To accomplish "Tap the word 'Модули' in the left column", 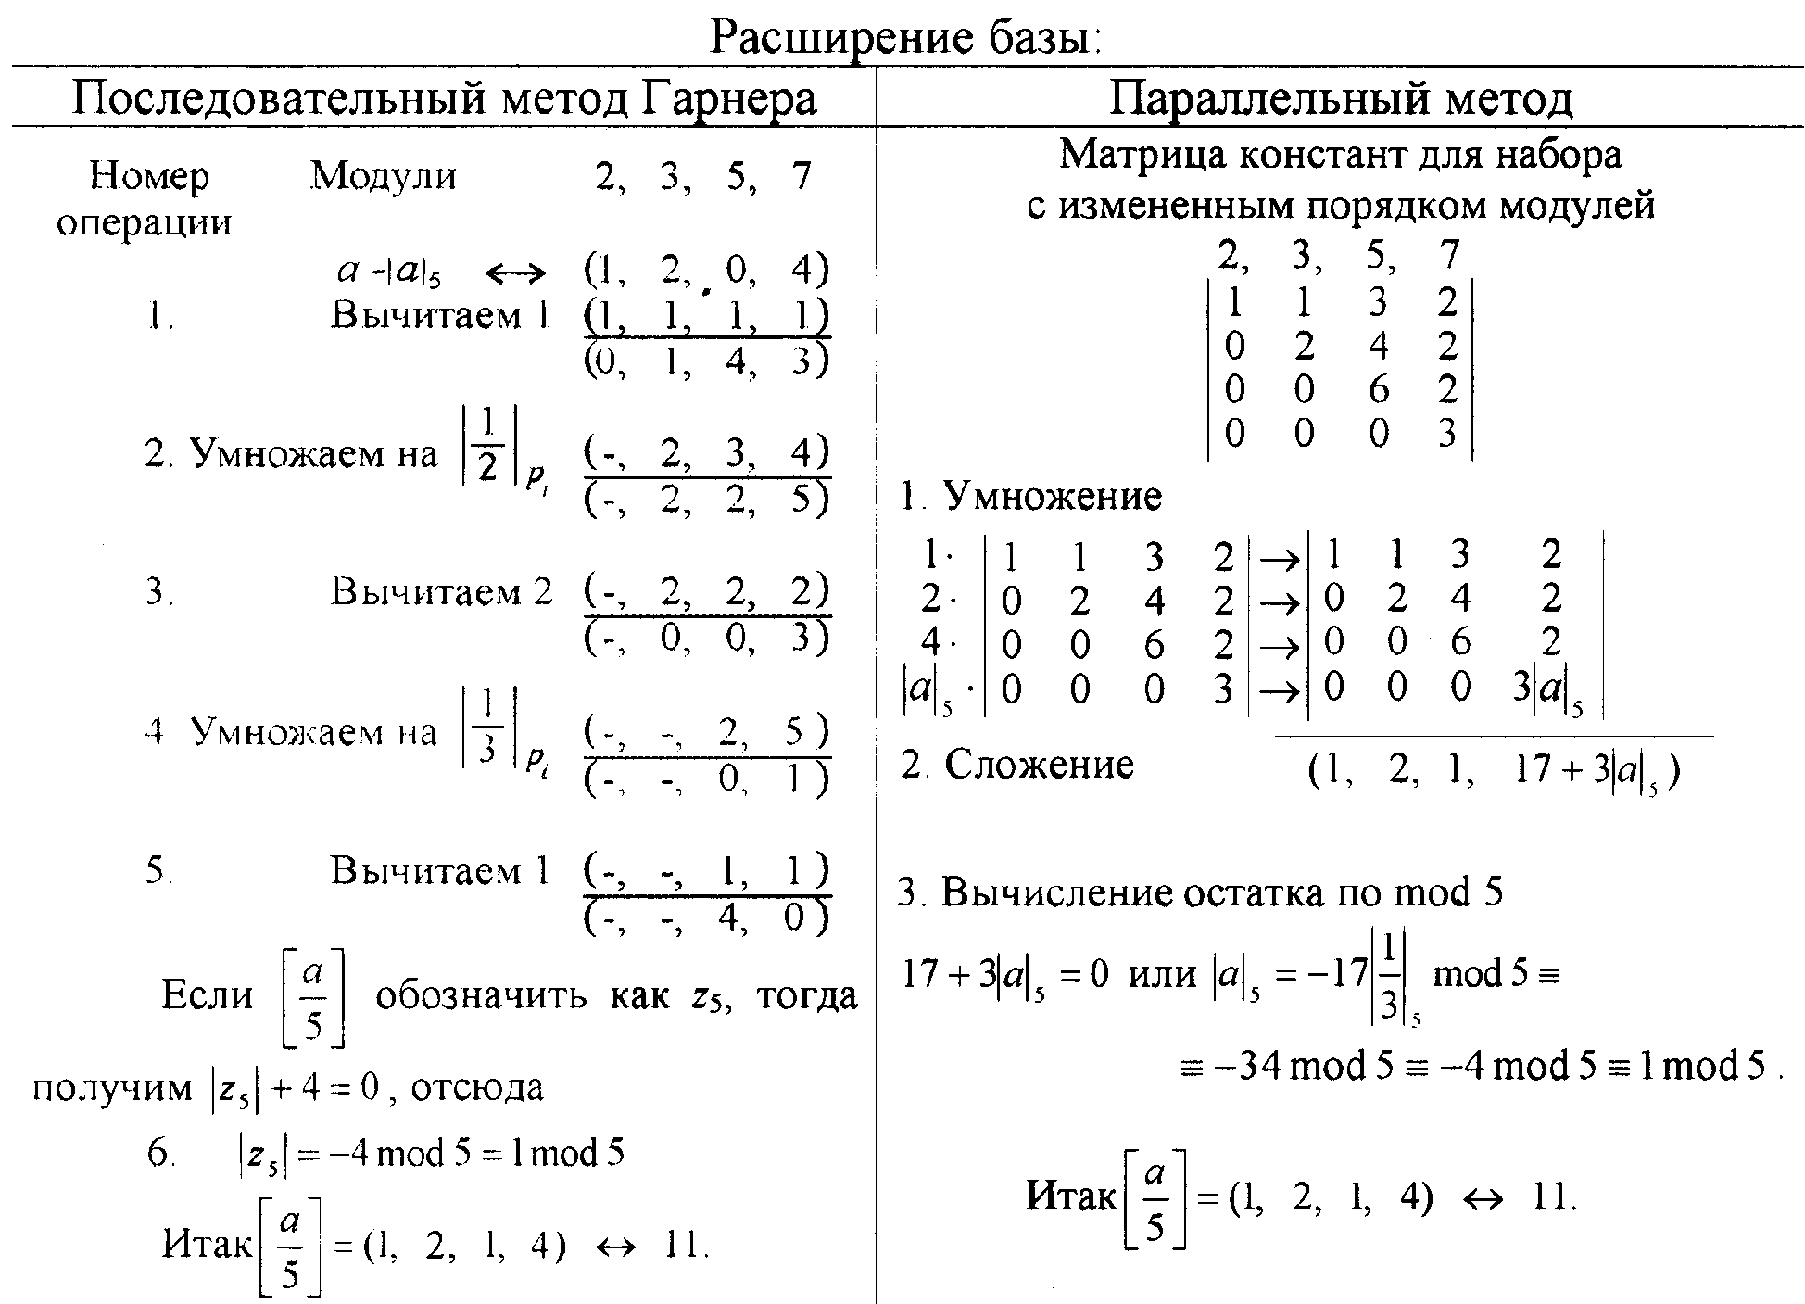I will pos(384,174).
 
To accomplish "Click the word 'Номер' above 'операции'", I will pos(149,175).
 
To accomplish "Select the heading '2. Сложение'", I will pos(1017,765).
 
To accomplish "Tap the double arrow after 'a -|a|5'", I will pos(516,272).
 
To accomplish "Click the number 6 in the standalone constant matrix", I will pos(1378,390).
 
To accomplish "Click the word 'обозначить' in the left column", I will pos(482,996).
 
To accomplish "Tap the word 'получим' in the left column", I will pos(111,1087).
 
